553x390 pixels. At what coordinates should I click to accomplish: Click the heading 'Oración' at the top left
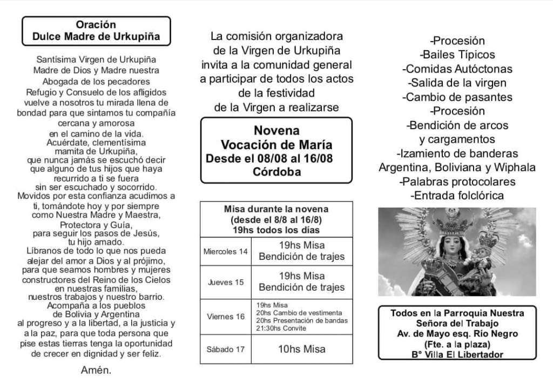coord(96,25)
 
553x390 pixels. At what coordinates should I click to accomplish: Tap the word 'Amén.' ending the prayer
coord(96,370)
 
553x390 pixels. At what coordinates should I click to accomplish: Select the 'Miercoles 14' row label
coord(226,252)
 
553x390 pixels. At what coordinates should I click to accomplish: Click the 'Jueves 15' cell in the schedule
coord(226,282)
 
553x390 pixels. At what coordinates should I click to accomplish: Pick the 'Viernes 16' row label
coord(226,316)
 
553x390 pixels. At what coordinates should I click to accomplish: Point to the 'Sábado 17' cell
coord(226,349)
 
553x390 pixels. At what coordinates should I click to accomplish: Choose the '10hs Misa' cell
coord(302,349)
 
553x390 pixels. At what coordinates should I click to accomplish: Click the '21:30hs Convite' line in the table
coord(281,328)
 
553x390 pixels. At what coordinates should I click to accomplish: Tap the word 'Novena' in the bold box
coord(276,131)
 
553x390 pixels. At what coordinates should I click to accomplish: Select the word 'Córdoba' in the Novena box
coord(276,172)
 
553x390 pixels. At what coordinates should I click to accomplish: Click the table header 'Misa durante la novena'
coord(276,209)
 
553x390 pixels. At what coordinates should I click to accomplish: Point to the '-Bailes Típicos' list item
coord(457,55)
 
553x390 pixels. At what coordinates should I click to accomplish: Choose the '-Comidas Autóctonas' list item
coord(457,69)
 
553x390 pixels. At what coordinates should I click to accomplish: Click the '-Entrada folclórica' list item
coord(457,196)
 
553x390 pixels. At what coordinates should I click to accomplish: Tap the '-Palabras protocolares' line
coord(457,181)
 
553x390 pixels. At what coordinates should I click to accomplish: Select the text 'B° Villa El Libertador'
coord(457,354)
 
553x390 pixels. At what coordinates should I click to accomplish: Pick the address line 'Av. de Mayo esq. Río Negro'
coord(457,334)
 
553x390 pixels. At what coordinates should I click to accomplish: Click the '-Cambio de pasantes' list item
coord(457,97)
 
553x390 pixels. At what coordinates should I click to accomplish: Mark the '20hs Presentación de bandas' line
coord(302,320)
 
